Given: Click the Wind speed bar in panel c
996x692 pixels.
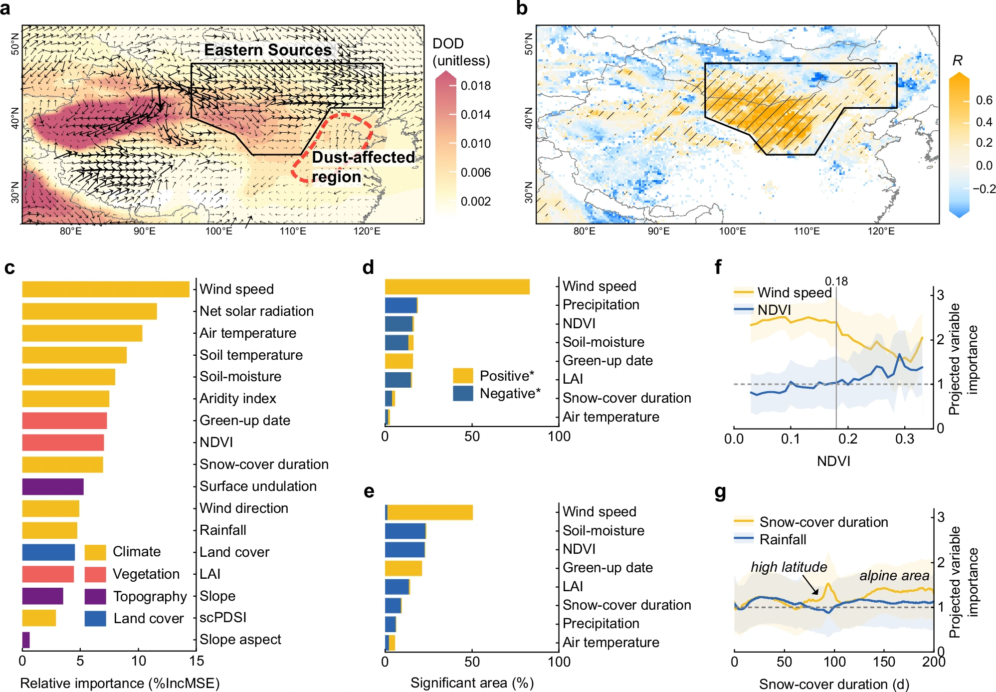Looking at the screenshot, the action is [x=106, y=289].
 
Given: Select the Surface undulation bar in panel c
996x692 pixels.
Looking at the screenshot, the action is [x=53, y=486].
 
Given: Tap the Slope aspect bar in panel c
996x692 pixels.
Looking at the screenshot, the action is [x=26, y=640].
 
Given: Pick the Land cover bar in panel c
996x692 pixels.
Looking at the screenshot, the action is [x=48, y=552].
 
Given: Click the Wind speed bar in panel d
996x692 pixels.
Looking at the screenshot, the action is [x=457, y=287].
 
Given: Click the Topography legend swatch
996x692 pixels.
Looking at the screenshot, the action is [x=95, y=597].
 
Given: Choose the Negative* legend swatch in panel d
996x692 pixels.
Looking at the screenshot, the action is [x=463, y=394].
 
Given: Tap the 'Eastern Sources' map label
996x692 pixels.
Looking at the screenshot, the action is [x=268, y=50].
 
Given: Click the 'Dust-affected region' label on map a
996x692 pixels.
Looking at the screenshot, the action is [x=363, y=167].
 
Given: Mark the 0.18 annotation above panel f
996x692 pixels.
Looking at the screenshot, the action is [x=836, y=281].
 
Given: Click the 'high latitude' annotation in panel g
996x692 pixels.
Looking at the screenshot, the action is [x=789, y=567].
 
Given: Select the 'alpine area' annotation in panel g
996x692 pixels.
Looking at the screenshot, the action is [x=894, y=576].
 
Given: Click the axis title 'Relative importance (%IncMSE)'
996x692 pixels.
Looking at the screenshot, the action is [x=120, y=683].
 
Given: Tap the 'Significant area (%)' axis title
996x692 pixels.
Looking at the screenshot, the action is [x=472, y=683].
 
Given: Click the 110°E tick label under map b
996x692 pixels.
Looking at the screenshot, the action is [x=806, y=231].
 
